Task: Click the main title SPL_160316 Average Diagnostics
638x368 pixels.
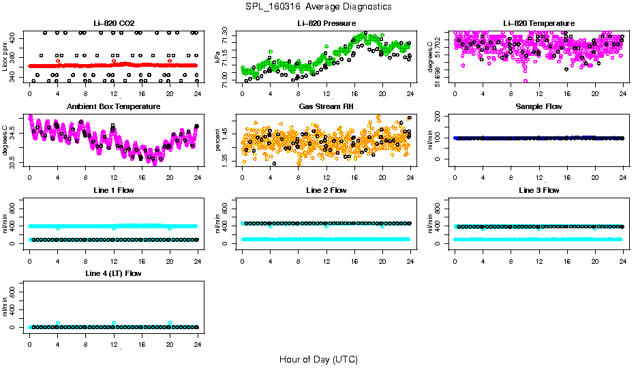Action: [x=319, y=6]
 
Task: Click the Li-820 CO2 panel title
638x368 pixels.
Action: [x=114, y=23]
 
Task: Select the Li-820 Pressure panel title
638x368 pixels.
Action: [x=326, y=23]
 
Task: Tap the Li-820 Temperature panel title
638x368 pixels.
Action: [x=538, y=23]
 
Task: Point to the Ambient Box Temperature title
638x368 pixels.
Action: [x=114, y=106]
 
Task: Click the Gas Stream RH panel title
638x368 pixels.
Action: [x=326, y=106]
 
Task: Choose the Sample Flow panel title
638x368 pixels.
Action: [x=538, y=106]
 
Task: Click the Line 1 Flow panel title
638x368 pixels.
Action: [x=114, y=190]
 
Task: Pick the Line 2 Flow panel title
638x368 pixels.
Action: [x=326, y=190]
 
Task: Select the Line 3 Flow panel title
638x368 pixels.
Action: [x=538, y=190]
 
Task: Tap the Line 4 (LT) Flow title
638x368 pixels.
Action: [x=114, y=273]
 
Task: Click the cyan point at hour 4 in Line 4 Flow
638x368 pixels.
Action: [x=58, y=323]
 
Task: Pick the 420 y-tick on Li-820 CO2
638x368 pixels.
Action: [x=14, y=35]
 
